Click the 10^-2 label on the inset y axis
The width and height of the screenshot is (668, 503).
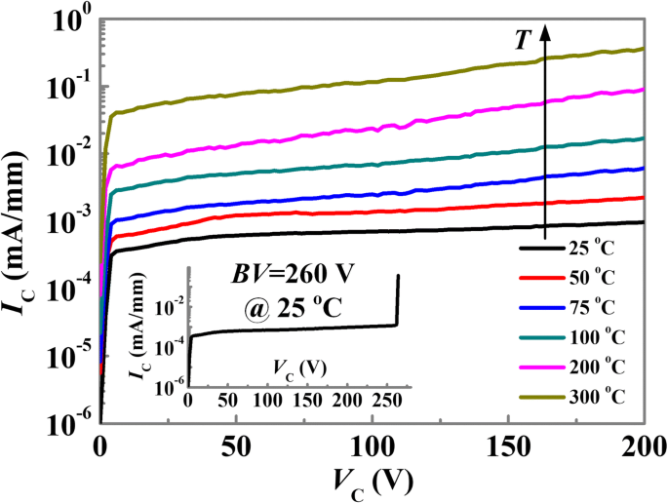tap(171, 309)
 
